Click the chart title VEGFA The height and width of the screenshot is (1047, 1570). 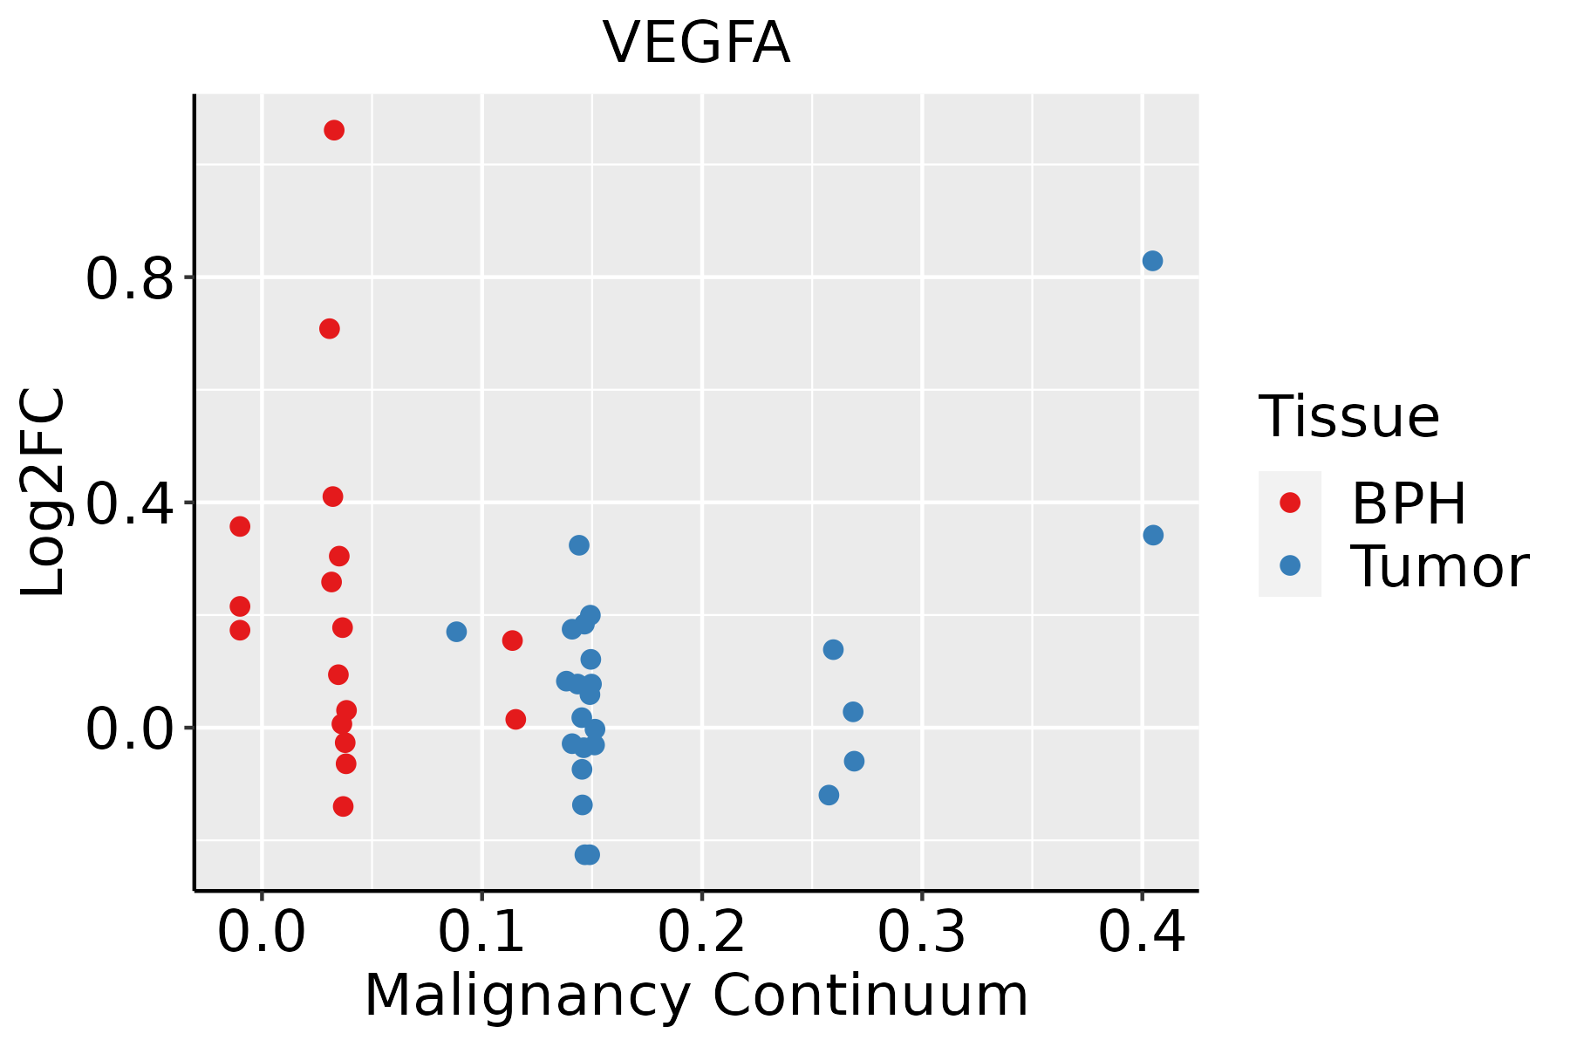coord(696,44)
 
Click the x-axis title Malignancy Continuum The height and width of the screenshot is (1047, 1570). coord(696,996)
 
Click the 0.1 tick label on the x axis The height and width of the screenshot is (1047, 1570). coord(481,932)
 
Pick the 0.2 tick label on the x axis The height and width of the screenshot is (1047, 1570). coord(701,932)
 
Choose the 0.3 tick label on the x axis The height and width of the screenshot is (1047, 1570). coord(921,932)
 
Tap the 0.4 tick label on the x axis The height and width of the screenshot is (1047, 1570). coord(1141,932)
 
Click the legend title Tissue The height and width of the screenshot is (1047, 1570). coord(1349,417)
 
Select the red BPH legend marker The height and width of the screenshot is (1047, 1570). coord(1289,503)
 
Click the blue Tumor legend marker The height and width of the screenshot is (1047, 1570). coord(1289,565)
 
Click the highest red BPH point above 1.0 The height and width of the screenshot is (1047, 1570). coord(334,130)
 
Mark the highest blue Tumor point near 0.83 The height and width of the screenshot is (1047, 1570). coord(1152,261)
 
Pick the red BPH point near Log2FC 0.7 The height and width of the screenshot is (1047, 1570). coord(330,329)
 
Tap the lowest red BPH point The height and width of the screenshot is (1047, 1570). coord(344,806)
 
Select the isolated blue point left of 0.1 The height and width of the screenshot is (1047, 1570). coord(456,632)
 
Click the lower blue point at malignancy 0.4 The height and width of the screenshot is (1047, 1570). coord(1153,535)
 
